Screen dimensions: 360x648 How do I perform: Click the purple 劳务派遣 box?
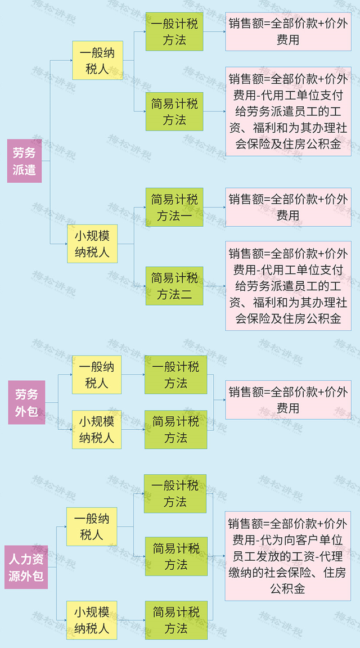point(24,161)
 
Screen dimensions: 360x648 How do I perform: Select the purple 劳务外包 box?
point(26,402)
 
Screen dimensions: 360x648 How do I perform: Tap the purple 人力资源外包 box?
point(26,567)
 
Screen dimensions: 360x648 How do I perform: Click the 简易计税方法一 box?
point(174,207)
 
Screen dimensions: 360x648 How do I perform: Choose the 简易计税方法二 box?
point(174,286)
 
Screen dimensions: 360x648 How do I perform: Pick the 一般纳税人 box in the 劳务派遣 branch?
point(97,60)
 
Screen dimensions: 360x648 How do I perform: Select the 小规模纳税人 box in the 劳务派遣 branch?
point(93,244)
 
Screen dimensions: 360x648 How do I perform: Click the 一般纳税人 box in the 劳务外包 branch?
point(97,375)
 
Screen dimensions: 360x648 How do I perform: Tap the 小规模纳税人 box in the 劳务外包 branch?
point(97,429)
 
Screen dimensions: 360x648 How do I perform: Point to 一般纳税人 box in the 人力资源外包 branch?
point(92,526)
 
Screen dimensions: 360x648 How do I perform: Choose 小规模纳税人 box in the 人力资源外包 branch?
point(92,620)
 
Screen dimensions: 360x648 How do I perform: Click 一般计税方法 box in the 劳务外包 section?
point(175,375)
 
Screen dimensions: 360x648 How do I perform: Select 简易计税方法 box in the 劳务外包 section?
point(175,429)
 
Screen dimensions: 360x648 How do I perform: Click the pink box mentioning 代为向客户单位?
point(287,556)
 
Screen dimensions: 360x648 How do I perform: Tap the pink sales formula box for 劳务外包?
point(288,399)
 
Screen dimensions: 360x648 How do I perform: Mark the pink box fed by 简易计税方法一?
point(288,207)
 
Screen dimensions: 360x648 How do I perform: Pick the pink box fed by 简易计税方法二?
point(288,286)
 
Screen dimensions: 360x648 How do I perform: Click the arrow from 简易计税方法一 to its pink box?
point(214,207)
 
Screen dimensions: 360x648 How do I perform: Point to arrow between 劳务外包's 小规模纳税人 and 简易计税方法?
point(133,429)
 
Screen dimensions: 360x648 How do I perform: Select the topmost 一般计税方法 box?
point(174,31)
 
